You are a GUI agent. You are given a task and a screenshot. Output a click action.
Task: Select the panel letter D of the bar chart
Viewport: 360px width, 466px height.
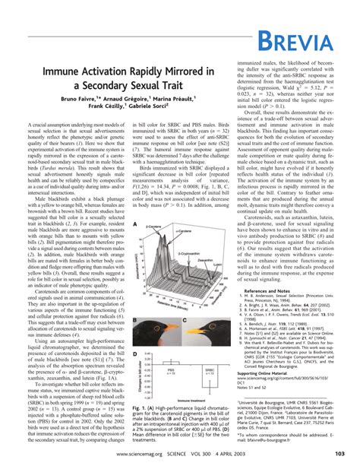coord(134,354)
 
